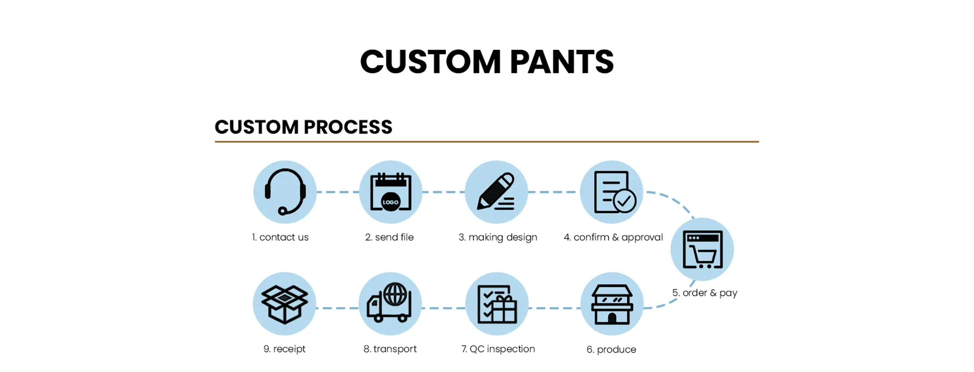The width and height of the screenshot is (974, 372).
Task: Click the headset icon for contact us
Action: point(285,192)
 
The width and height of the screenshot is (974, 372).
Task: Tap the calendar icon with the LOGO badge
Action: point(390,192)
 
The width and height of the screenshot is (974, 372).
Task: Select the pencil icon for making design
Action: point(496,192)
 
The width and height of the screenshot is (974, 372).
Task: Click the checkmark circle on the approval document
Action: point(624,201)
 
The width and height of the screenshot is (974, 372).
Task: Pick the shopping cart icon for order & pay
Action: point(702,250)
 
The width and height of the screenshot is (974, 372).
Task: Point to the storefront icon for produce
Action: point(611,304)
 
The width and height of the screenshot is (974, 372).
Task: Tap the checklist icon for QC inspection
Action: point(497,304)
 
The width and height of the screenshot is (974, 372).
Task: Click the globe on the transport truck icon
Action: point(396,295)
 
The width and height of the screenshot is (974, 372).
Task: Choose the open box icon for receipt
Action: point(285,304)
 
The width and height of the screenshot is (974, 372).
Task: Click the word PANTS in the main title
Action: point(561,62)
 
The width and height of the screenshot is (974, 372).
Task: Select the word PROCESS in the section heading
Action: point(348,127)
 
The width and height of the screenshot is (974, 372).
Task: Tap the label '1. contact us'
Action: point(280,237)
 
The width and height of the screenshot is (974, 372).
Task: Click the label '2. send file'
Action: point(389,237)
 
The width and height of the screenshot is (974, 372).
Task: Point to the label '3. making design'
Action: point(498,237)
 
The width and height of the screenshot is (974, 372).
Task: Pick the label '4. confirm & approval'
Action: point(613,237)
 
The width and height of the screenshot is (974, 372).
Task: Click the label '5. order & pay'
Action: point(705,293)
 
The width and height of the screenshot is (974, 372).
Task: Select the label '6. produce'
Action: point(611,349)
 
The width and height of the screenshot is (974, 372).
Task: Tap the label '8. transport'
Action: point(390,349)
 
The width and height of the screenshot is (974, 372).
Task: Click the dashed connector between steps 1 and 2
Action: point(338,192)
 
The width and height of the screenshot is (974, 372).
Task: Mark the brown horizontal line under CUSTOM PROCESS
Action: point(486,142)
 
